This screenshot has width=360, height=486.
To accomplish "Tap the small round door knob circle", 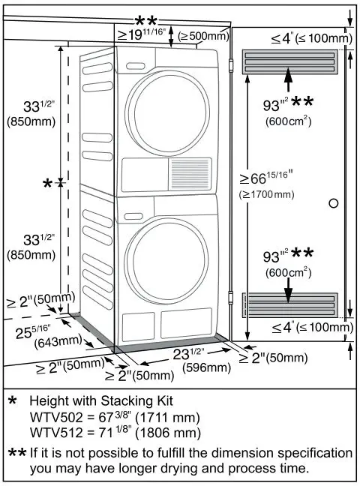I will pyautogui.click(x=334, y=203).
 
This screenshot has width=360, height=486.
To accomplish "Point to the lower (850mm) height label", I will pyautogui.click(x=30, y=255).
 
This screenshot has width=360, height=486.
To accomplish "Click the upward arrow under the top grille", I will pyautogui.click(x=290, y=77).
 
